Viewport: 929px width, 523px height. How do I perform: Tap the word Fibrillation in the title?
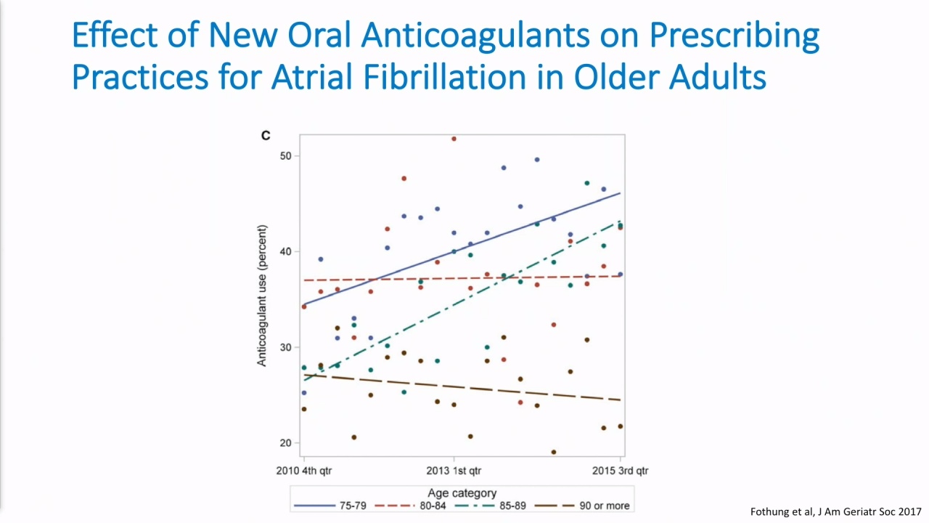tap(445, 77)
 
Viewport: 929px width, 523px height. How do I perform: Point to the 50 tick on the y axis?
tap(286, 156)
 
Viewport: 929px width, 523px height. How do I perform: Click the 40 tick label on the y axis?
tap(286, 251)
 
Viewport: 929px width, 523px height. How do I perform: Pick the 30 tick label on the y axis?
tap(286, 347)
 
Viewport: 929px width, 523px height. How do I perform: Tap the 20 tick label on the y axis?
tap(286, 443)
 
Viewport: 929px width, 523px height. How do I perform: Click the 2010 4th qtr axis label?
tap(304, 471)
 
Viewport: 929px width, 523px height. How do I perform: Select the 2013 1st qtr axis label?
tap(454, 471)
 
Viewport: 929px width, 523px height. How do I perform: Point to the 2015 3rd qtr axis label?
tap(620, 471)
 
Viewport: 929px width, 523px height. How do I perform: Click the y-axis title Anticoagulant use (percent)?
tap(262, 296)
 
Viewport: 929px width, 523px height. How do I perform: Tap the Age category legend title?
tap(462, 493)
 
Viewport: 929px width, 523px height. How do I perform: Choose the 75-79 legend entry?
tap(330, 506)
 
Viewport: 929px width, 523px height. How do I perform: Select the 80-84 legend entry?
tap(410, 506)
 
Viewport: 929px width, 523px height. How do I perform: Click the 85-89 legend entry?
tap(490, 506)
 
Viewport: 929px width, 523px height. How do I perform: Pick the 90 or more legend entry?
tap(582, 506)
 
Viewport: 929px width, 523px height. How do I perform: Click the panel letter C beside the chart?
tap(266, 136)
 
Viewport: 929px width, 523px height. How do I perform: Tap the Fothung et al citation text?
tap(835, 512)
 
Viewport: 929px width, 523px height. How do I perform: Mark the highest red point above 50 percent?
tap(454, 139)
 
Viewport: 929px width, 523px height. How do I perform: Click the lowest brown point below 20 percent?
tap(554, 452)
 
